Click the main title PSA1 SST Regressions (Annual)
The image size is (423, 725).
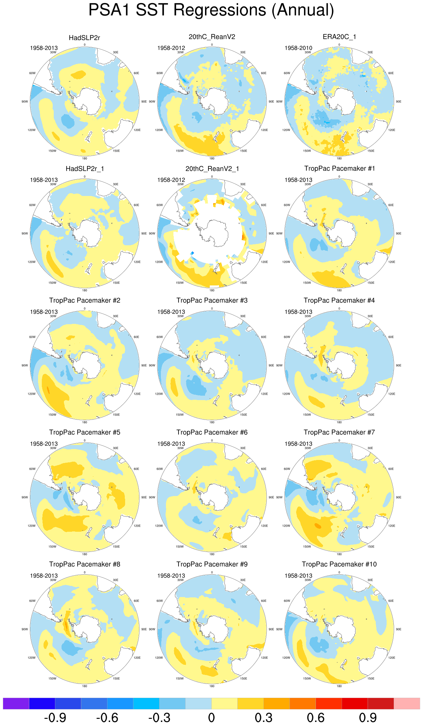coord(211,10)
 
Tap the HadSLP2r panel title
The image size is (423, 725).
coord(84,38)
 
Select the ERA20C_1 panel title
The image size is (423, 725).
coord(339,37)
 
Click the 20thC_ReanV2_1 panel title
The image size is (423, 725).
coord(212,169)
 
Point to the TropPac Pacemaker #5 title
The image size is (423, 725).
coord(85,432)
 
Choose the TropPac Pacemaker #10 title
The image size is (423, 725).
coord(339,564)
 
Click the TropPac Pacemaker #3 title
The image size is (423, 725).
coord(212,300)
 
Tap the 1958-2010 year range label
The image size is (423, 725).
coord(298,48)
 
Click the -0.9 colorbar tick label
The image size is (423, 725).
coord(55,718)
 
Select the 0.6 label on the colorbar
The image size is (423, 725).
coord(316,718)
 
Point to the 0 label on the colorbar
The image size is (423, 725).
coord(211,718)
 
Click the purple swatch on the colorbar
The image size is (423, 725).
coord(16,703)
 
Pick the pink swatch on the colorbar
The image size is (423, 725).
coord(407,703)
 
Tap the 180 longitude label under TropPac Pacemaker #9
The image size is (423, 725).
coord(212,686)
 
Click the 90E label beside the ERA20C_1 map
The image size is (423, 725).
coord(399,102)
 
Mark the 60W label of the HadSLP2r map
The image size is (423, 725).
coord(32,73)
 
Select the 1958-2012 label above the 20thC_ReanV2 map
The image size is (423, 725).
coord(171,48)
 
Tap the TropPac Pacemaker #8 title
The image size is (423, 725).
coord(85,564)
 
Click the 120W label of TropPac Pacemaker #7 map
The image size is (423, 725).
coord(286,526)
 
